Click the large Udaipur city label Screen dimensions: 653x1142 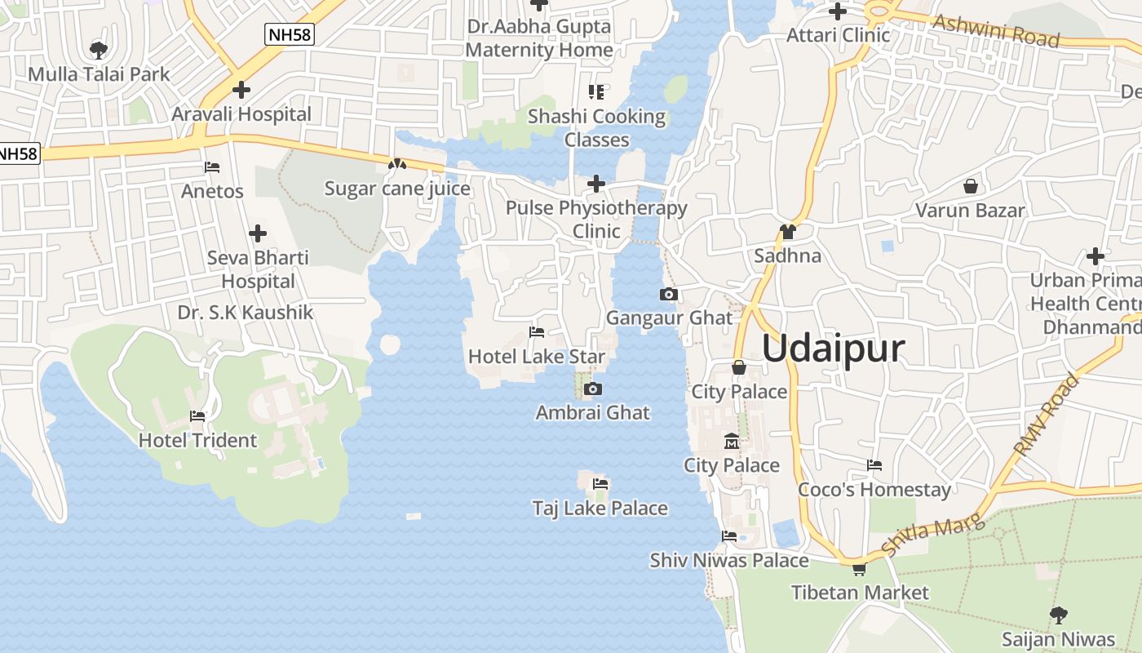833,349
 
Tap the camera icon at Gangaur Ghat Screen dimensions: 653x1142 669,295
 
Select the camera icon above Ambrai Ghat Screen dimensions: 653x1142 593,389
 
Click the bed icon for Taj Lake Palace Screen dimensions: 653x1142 601,484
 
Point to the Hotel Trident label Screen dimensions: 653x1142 197,441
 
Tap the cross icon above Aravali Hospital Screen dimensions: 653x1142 241,90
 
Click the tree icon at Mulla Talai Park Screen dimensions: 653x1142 99,51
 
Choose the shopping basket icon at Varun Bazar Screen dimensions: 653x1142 971,186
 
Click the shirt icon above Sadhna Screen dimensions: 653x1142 787,232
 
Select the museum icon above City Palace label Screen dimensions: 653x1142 732,442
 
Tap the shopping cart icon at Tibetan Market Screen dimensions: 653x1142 859,569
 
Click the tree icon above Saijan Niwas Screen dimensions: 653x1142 1058,615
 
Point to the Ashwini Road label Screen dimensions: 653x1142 995,32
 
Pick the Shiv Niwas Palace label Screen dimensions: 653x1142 729,561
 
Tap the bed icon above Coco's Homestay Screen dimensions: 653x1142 874,465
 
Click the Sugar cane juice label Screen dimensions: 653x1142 397,189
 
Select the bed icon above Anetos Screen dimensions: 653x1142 212,167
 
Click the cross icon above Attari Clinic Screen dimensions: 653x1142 837,11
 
